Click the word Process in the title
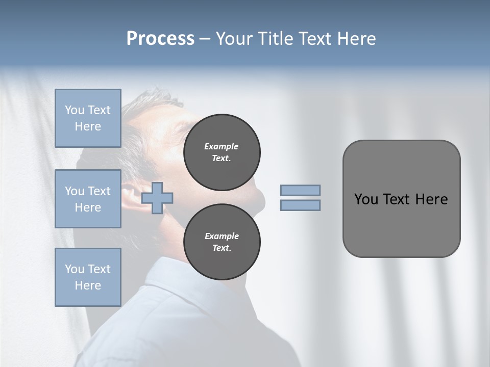pyautogui.click(x=160, y=39)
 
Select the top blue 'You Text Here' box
pyautogui.click(x=88, y=118)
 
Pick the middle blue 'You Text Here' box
pyautogui.click(x=88, y=199)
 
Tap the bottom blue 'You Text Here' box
pyautogui.click(x=88, y=277)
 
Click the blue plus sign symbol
pyautogui.click(x=157, y=198)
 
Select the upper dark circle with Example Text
pyautogui.click(x=222, y=152)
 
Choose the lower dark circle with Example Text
pyautogui.click(x=222, y=242)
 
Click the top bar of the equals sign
pyautogui.click(x=300, y=190)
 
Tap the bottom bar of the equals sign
pyautogui.click(x=300, y=205)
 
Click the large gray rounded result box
pyautogui.click(x=401, y=199)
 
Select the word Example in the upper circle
pyautogui.click(x=222, y=146)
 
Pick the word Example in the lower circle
pyautogui.click(x=222, y=236)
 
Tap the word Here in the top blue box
pyautogui.click(x=88, y=126)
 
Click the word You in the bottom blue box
pyautogui.click(x=74, y=269)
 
